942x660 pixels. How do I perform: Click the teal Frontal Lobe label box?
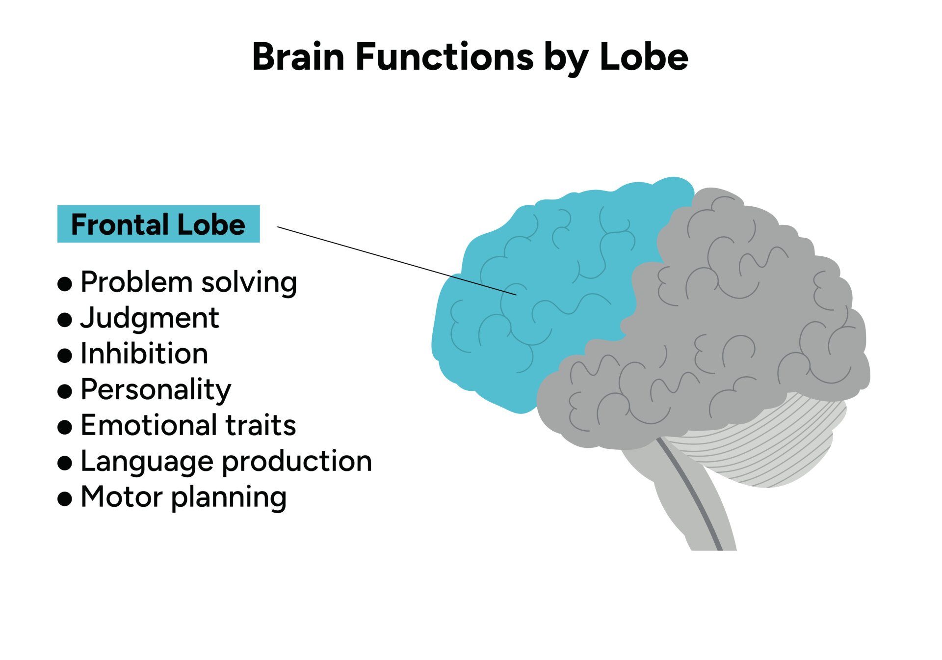(158, 224)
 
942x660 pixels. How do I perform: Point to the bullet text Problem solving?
(188, 282)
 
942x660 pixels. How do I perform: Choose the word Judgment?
(150, 318)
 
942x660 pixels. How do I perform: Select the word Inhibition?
(144, 354)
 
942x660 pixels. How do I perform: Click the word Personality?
(156, 390)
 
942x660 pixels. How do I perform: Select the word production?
(297, 462)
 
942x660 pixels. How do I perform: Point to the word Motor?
(120, 497)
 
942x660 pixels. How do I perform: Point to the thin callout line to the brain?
(392, 260)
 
